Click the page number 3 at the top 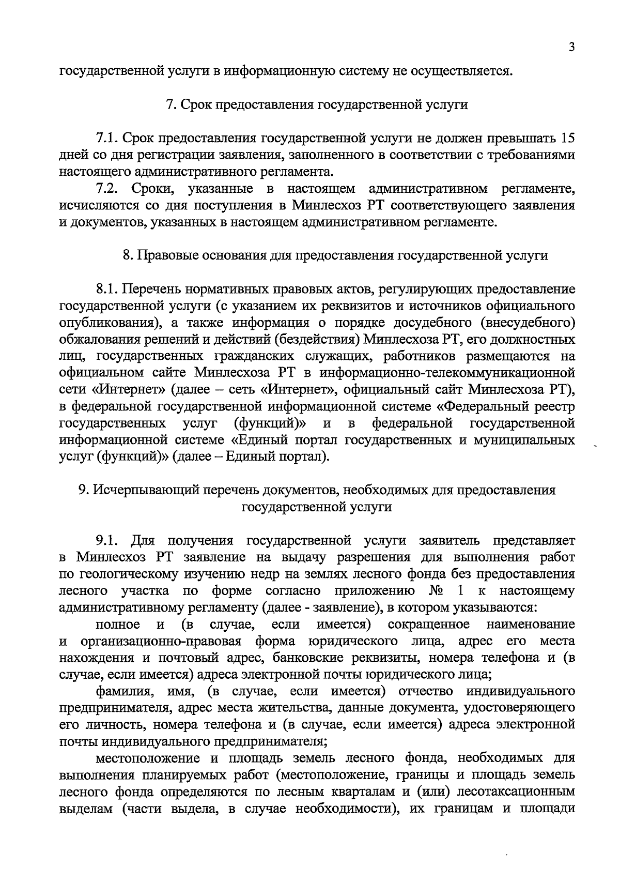click(x=571, y=47)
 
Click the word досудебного click(x=429, y=323)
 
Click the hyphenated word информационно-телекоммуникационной click(x=447, y=373)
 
